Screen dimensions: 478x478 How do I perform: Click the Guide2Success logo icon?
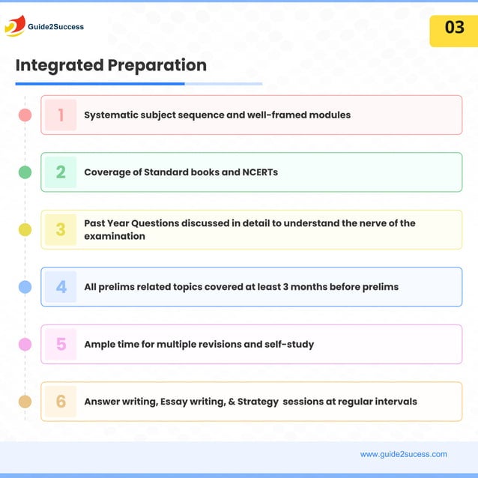coord(14,26)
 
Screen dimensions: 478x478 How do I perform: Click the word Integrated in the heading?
coord(59,65)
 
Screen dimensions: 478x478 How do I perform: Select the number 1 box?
coord(61,115)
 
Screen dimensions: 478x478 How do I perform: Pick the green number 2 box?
coord(61,172)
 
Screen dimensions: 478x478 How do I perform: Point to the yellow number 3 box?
coord(61,230)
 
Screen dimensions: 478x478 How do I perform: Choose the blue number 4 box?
coord(61,287)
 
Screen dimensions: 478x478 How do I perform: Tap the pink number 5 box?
coord(61,345)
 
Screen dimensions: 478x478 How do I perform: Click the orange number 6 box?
coord(61,402)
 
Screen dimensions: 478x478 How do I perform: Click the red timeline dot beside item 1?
coord(25,115)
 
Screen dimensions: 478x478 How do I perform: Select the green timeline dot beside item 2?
coord(25,172)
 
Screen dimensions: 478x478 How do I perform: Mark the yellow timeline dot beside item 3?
coord(25,230)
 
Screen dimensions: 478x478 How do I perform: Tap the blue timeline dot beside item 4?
coord(25,287)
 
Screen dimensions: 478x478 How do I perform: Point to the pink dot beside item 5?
coord(25,345)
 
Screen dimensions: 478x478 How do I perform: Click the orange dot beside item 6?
coord(25,402)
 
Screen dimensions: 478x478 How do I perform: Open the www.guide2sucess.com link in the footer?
coord(403,454)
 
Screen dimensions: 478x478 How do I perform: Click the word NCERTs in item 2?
coord(260,172)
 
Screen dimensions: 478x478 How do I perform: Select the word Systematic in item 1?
coord(111,115)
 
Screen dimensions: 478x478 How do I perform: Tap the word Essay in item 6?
coord(175,402)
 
